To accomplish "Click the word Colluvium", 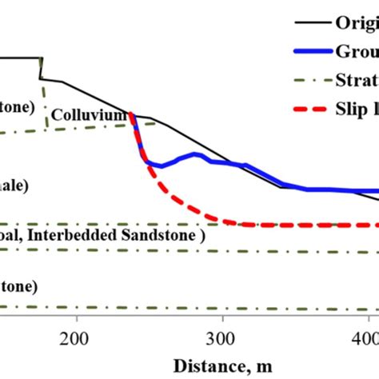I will pyautogui.click(x=90, y=116).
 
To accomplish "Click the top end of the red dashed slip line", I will pyautogui.click(x=130, y=114).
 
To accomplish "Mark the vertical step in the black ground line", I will pyautogui.click(x=41, y=68).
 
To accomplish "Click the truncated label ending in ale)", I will pyautogui.click(x=14, y=186).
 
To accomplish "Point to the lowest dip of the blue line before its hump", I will pyautogui.click(x=161, y=166).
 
